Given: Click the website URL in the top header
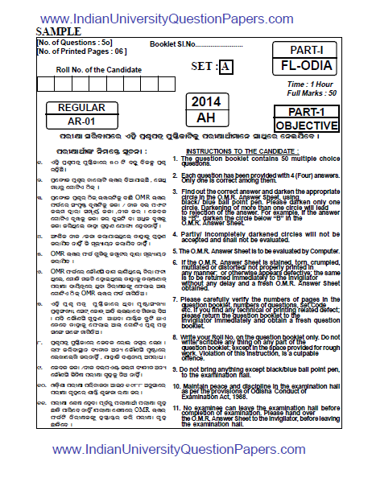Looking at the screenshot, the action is (x=185, y=18).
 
